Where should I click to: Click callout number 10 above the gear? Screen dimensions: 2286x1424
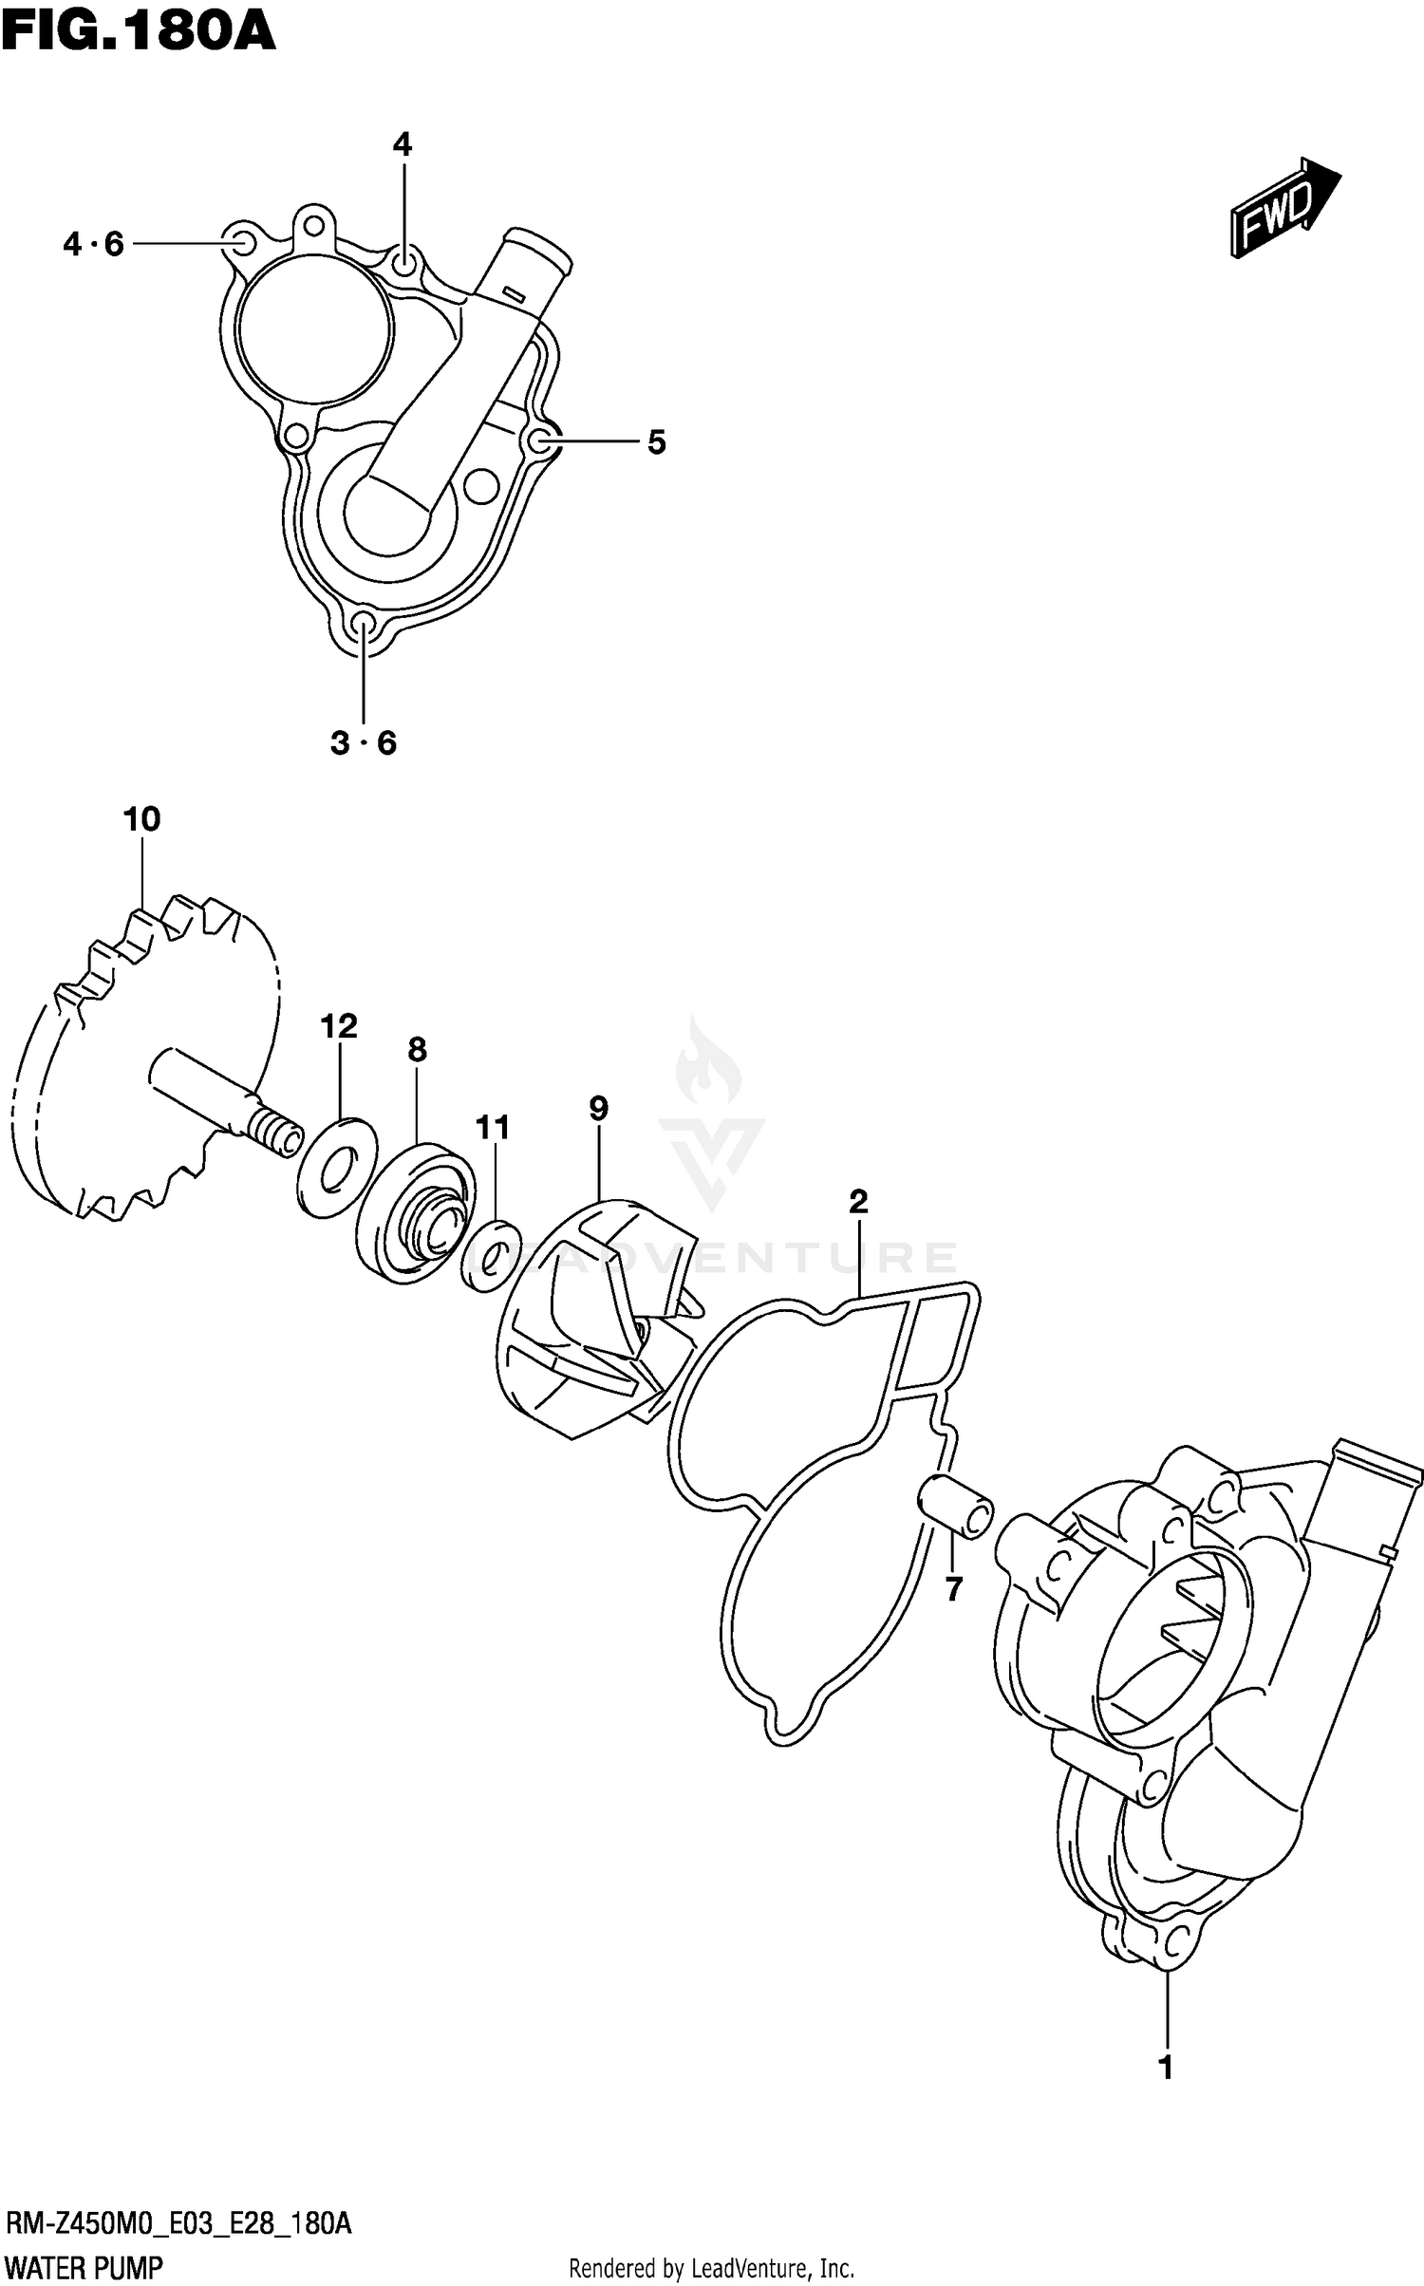tap(142, 818)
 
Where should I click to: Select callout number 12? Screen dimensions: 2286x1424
tap(339, 1026)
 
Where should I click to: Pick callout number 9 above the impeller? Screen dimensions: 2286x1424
tap(598, 1108)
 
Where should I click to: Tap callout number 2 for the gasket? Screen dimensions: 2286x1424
tap(858, 1202)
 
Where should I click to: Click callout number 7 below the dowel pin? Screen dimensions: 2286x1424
tap(954, 1588)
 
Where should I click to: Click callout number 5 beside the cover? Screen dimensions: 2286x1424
tap(657, 441)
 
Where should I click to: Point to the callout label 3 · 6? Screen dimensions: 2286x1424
tap(364, 742)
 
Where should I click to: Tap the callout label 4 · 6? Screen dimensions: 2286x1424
tap(94, 245)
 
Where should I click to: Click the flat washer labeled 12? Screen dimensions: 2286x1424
tap(337, 1169)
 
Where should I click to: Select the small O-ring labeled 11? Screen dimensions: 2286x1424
tap(491, 1257)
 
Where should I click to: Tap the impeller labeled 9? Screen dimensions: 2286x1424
tap(593, 1320)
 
